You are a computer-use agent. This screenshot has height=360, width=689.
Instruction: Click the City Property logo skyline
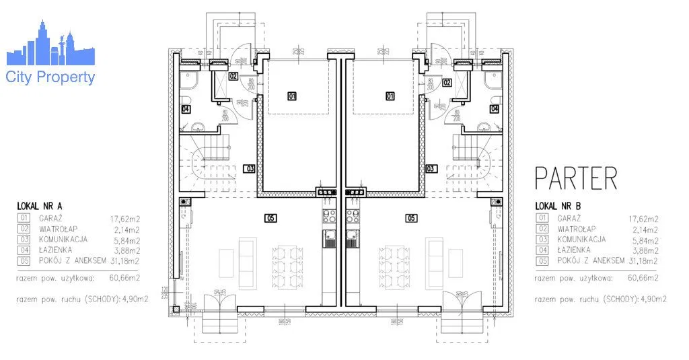pos(50,47)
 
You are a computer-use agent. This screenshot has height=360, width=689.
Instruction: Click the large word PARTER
pos(575,178)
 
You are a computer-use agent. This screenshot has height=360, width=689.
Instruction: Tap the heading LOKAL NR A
pos(41,206)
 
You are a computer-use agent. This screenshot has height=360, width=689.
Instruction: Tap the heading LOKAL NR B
pos(558,206)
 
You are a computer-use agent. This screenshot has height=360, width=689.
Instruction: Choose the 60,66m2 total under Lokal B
pos(643,277)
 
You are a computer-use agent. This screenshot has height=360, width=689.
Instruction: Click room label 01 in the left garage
pos(292,96)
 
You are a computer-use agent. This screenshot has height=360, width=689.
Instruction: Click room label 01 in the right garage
pos(390,96)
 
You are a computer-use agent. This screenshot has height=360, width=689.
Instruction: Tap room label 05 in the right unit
pos(410,218)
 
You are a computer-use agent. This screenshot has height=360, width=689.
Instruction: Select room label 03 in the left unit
pos(250,168)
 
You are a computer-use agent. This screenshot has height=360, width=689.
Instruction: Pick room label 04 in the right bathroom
pos(495,108)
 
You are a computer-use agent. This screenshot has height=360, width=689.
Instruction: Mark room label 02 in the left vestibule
pos(233,76)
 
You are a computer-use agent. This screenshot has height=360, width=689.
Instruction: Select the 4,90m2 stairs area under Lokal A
pos(133,299)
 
